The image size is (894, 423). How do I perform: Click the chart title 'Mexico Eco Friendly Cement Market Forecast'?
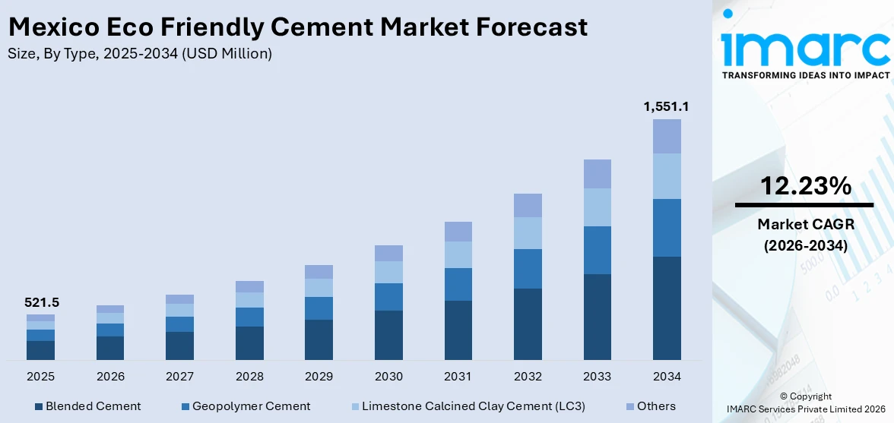click(x=297, y=27)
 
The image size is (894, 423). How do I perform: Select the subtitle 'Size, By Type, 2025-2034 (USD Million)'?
click(x=140, y=54)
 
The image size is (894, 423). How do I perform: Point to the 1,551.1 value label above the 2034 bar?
click(x=666, y=106)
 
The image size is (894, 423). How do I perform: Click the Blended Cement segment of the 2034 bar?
click(x=667, y=308)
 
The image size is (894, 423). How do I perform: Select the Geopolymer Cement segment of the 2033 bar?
click(x=597, y=250)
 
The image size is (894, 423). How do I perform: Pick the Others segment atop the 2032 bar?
click(x=528, y=205)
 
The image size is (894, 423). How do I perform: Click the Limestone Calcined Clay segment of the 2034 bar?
click(x=667, y=176)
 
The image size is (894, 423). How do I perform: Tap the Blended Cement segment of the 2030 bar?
click(x=388, y=335)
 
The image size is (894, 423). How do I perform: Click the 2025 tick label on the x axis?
click(x=40, y=377)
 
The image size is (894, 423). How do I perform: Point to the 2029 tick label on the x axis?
click(x=319, y=377)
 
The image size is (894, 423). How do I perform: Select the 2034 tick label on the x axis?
click(x=667, y=377)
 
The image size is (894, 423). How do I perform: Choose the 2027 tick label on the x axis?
click(x=179, y=377)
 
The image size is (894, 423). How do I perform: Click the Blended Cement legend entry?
click(x=87, y=406)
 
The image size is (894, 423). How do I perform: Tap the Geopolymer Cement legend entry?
click(x=244, y=406)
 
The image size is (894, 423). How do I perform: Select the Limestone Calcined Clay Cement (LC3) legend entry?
click(x=466, y=406)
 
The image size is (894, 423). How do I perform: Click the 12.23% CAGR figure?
click(x=804, y=186)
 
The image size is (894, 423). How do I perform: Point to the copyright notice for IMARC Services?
click(x=805, y=402)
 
